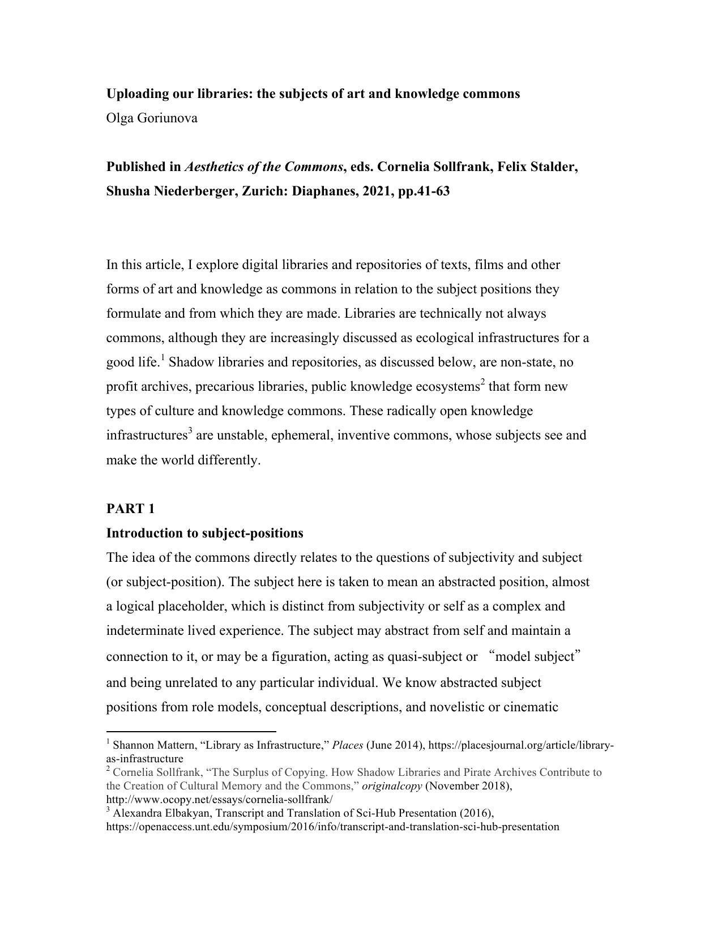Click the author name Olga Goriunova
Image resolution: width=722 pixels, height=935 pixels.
coord(152,118)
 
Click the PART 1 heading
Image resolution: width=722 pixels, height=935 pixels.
coord(130,509)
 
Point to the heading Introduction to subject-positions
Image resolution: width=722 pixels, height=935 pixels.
coord(204,533)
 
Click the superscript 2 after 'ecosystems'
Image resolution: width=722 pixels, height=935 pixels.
coord(482,382)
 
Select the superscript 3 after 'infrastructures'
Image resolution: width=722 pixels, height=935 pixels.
coord(190,432)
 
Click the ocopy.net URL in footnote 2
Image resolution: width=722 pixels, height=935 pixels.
coord(219,800)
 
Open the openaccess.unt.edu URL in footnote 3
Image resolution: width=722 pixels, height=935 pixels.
coord(332,827)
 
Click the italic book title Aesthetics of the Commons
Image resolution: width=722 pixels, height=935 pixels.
coord(264,167)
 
